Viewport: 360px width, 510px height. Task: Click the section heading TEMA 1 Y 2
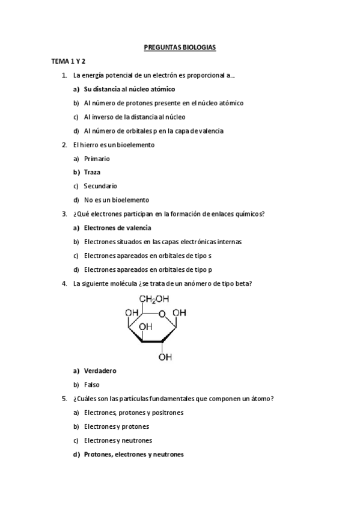(68, 61)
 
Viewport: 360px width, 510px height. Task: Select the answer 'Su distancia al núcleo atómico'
(129, 89)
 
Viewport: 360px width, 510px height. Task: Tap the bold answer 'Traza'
(92, 172)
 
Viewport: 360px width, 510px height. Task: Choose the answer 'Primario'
(97, 158)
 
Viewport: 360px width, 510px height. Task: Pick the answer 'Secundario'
(100, 186)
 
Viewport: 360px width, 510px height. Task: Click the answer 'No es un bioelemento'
(116, 200)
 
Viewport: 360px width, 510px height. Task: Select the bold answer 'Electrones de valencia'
(117, 228)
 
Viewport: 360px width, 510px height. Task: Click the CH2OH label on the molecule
(154, 299)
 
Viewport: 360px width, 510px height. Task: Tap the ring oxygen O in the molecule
(162, 313)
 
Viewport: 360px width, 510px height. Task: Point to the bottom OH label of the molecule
(165, 357)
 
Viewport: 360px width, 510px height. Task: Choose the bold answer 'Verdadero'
(100, 370)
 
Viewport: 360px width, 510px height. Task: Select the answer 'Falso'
(92, 384)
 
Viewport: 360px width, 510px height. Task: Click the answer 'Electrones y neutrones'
(118, 441)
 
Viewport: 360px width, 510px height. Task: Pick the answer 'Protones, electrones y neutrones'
(133, 455)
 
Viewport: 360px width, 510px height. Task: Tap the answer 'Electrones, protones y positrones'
(133, 413)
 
